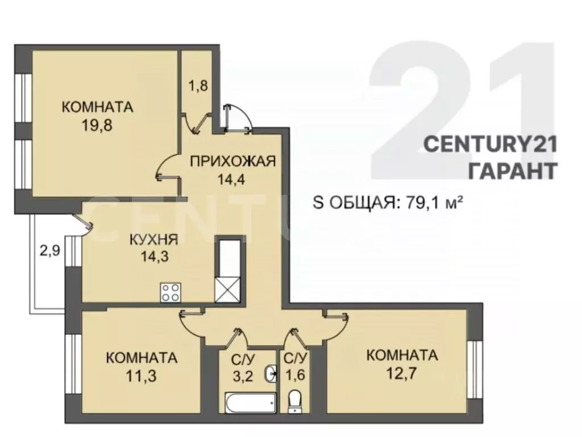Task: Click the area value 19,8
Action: tap(97, 125)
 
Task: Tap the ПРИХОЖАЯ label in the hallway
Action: tap(232, 161)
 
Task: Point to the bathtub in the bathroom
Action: tap(250, 403)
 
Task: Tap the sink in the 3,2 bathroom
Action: tap(271, 374)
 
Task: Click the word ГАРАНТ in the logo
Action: tap(511, 170)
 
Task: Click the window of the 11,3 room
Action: tap(72, 364)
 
